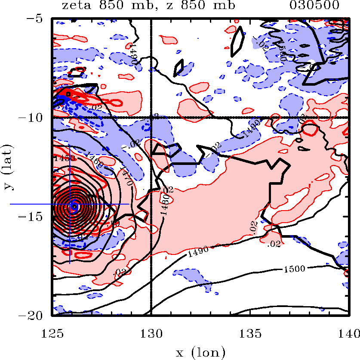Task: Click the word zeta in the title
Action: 74,6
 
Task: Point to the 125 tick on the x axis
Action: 52,332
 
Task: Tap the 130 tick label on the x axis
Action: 151,332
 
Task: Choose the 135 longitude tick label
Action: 249,332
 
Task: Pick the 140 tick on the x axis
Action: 348,332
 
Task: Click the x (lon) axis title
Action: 200,352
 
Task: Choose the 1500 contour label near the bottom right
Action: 294,269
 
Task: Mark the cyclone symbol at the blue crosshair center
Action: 74,206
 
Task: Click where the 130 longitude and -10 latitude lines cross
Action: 151,117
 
